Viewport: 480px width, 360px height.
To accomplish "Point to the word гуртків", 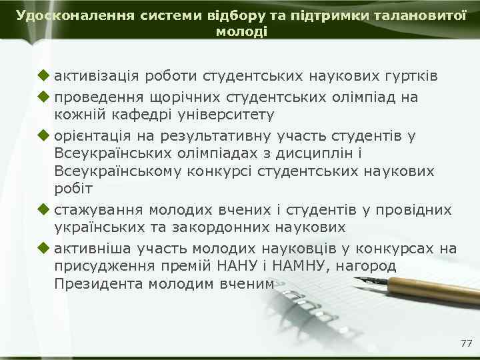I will [x=407, y=76].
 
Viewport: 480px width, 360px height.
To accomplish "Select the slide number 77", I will [x=466, y=343].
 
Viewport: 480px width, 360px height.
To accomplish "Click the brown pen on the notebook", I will [x=427, y=288].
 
